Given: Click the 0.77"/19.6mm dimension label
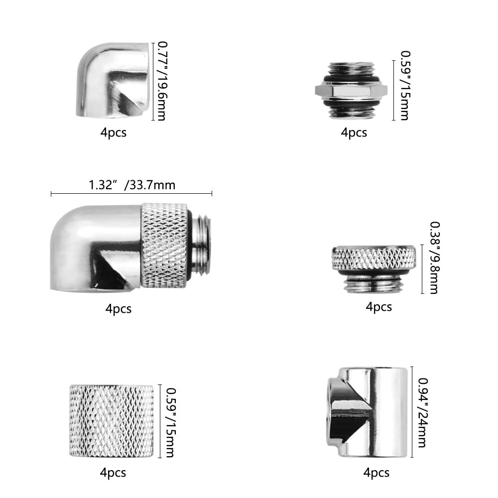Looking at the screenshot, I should [x=161, y=81].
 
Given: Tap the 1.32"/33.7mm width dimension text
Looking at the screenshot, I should [x=132, y=185].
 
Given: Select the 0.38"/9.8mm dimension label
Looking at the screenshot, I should [x=433, y=257].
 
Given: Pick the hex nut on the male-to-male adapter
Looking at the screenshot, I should [x=351, y=90].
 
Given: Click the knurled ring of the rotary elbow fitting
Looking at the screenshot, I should [x=164, y=246].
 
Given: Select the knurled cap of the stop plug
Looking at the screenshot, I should [x=374, y=258].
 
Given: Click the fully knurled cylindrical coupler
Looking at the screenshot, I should [x=112, y=421].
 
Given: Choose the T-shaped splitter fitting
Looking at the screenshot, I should [x=369, y=411].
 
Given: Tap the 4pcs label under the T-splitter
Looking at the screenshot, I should [x=376, y=472].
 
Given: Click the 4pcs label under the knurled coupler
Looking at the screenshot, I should [x=113, y=472].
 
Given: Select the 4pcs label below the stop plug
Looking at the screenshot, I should [x=379, y=307].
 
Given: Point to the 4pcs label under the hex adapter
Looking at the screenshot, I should [x=354, y=132].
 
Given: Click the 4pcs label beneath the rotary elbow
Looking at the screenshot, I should [x=119, y=309].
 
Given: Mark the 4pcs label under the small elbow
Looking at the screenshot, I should [x=114, y=133].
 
